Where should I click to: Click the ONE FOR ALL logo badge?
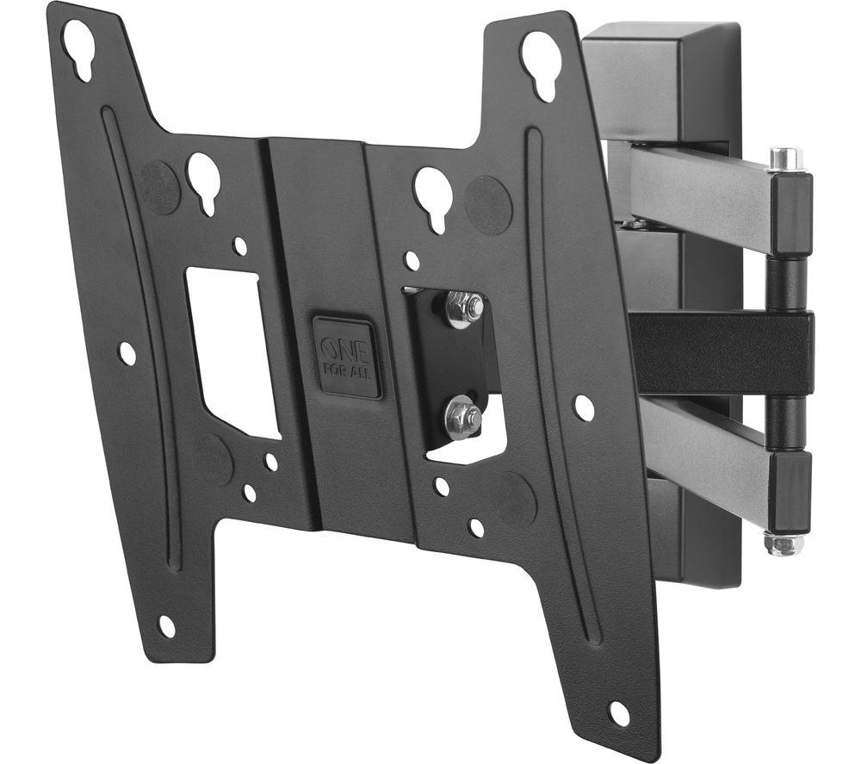click(347, 357)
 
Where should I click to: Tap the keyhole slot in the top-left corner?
click(78, 48)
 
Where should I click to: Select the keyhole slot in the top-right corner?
click(540, 60)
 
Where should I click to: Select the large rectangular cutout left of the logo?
click(232, 350)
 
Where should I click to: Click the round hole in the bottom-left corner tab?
click(166, 626)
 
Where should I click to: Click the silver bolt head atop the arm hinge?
click(785, 159)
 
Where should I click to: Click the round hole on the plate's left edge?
click(127, 353)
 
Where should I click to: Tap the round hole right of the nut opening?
click(584, 407)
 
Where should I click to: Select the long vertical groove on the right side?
click(561, 388)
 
